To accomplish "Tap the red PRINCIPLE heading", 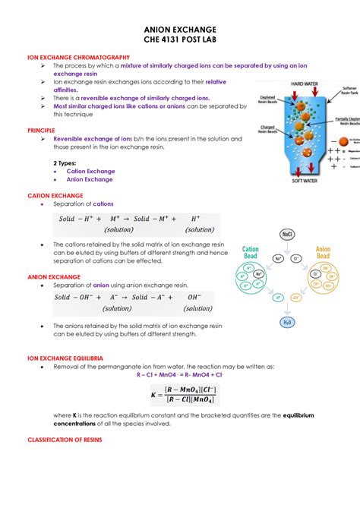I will coord(41,131).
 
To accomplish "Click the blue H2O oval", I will coord(288,322).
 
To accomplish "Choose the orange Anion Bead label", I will coord(324,253).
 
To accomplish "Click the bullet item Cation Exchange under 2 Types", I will coord(90,171).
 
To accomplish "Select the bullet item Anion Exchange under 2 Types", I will coord(89,180).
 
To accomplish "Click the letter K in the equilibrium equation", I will coord(155,394).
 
